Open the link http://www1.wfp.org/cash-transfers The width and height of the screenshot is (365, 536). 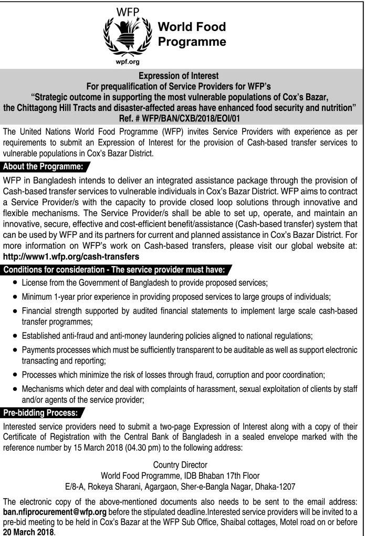click(71, 257)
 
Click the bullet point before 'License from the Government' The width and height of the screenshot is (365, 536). click(14, 284)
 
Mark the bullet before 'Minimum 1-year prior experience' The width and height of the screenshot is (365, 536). click(14, 297)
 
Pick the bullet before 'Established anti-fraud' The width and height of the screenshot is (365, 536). click(14, 336)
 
